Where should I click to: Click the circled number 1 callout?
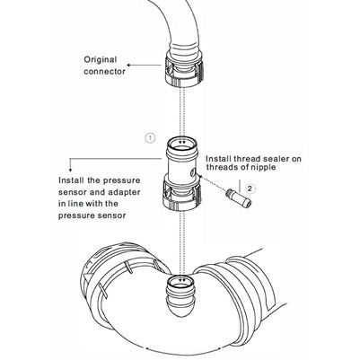150,138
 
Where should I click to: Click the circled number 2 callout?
250,189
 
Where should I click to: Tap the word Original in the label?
101,60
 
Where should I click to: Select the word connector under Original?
105,72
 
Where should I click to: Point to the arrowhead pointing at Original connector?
128,65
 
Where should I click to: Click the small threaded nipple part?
239,198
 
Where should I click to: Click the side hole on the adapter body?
193,172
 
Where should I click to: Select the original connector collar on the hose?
185,69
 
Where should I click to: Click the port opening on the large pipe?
180,281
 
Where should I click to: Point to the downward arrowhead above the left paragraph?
70,169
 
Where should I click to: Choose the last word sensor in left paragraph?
111,215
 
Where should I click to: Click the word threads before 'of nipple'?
221,167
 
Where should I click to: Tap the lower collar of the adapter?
181,193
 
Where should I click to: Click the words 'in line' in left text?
71,204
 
